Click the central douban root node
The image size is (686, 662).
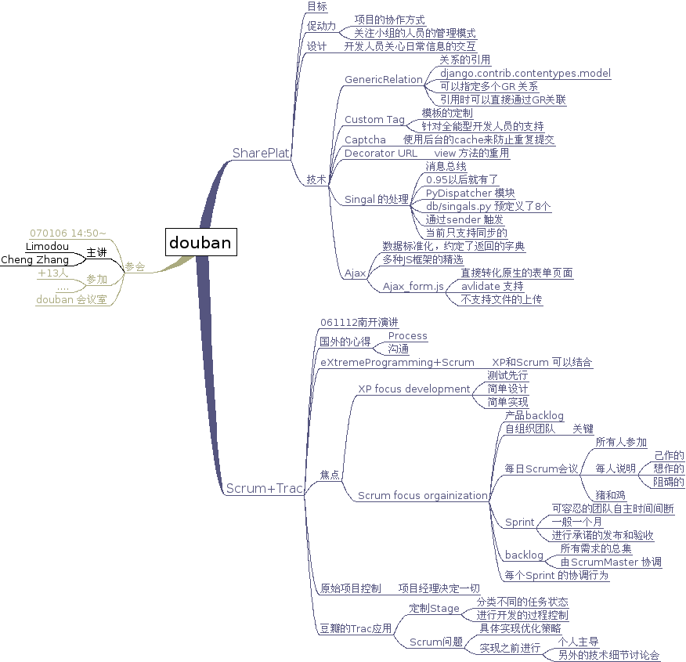pos(200,242)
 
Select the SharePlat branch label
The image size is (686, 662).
pos(261,153)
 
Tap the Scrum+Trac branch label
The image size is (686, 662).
pos(264,489)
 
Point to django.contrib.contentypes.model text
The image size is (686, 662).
pos(525,73)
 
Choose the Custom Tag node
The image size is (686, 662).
pos(374,120)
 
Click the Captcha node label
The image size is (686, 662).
pos(365,139)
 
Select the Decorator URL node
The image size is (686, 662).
pos(381,153)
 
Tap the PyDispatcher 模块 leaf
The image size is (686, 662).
pos(470,193)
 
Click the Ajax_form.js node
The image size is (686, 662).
pos(413,286)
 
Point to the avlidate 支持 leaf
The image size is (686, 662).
pos(492,286)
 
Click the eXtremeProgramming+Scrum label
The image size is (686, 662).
pos(397,362)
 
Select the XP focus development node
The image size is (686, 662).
pos(413,389)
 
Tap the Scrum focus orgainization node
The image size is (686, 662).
pos(421,495)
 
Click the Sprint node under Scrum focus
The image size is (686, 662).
pos(520,522)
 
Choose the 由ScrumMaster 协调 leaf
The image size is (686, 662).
pos(611,562)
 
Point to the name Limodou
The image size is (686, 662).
pos(47,246)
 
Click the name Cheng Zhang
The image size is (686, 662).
pos(34,259)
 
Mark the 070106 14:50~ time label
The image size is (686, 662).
pos(67,233)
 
